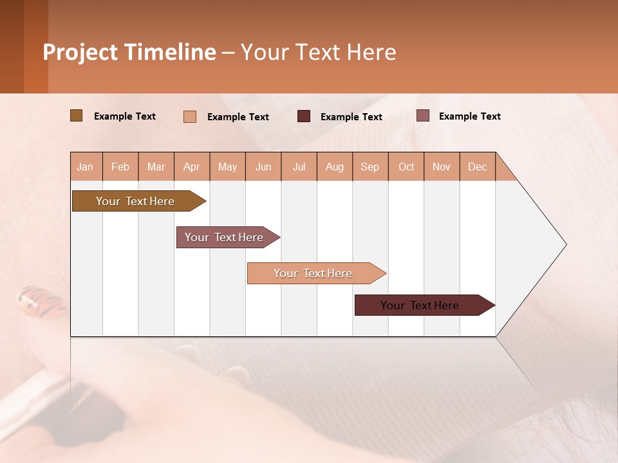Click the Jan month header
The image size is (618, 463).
tap(85, 167)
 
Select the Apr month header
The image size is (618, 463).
tap(192, 167)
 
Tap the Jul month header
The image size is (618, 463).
tap(299, 167)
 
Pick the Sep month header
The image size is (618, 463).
tap(370, 167)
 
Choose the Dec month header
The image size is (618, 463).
tap(477, 167)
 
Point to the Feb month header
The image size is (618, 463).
tap(120, 167)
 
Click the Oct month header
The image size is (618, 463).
tap(406, 167)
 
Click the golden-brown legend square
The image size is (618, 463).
tap(76, 116)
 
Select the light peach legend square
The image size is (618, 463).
tap(190, 116)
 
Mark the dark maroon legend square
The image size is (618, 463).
tap(304, 116)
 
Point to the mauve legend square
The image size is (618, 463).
tap(422, 116)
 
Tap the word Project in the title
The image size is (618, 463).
tap(80, 52)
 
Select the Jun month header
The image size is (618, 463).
tap(263, 167)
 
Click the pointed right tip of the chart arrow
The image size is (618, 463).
tap(564, 244)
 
